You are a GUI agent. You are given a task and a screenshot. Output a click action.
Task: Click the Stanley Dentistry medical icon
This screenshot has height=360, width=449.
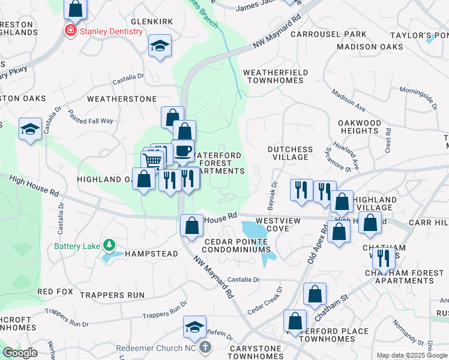pyautogui.click(x=71, y=31)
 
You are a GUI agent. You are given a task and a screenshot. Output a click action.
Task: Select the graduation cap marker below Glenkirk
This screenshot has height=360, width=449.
pyautogui.click(x=160, y=46)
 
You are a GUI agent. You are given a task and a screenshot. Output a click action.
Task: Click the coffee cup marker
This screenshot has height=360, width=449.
pyautogui.click(x=182, y=150)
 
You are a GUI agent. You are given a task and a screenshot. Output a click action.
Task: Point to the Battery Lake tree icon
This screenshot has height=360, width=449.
pyautogui.click(x=109, y=245)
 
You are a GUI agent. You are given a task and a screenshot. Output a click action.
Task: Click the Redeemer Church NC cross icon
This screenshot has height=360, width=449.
pyautogui.click(x=205, y=347)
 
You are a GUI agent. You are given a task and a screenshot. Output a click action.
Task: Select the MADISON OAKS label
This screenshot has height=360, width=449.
pyautogui.click(x=370, y=47)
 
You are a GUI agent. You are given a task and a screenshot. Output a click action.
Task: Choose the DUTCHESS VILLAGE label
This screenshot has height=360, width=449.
pyautogui.click(x=290, y=154)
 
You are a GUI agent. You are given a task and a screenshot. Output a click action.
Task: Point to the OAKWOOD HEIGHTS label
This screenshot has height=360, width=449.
pyautogui.click(x=359, y=127)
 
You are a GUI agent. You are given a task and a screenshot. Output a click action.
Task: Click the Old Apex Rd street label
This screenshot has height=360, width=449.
pyautogui.click(x=319, y=243)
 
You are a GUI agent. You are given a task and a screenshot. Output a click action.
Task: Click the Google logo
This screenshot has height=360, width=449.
pyautogui.click(x=20, y=353)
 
